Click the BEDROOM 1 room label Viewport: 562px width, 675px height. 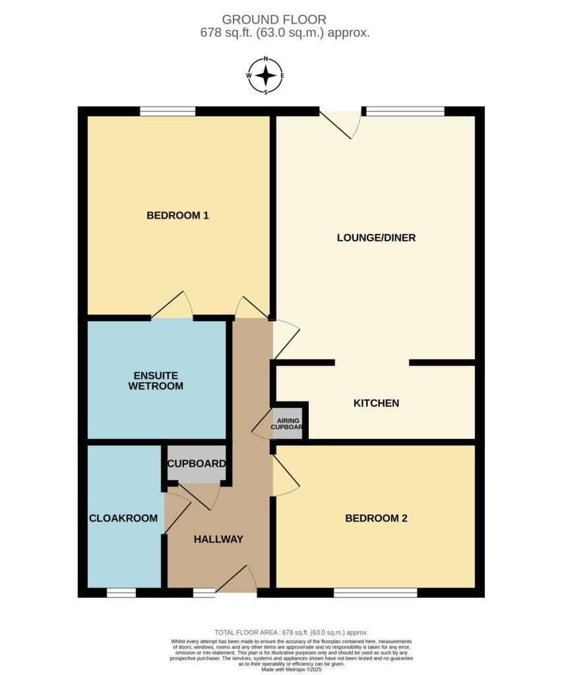click(x=177, y=216)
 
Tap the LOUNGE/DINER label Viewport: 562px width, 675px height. click(x=376, y=237)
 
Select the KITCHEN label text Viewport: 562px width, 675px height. click(x=376, y=403)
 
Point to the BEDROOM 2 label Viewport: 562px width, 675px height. click(x=376, y=518)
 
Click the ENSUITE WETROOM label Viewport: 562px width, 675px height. click(x=156, y=380)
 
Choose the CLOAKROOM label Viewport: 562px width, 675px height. click(x=123, y=518)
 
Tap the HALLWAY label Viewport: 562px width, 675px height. click(x=218, y=539)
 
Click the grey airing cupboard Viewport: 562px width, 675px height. click(x=287, y=423)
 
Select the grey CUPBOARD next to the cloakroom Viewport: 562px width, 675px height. click(x=197, y=463)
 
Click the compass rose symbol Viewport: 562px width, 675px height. click(x=266, y=76)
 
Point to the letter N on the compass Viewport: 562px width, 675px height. click(x=266, y=59)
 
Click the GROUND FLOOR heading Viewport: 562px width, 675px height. click(x=274, y=19)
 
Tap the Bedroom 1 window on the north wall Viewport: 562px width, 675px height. click(x=168, y=111)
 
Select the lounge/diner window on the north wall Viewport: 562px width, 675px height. click(x=405, y=111)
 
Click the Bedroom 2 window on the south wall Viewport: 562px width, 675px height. click(x=375, y=593)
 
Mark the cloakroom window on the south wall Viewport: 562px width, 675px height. click(x=121, y=593)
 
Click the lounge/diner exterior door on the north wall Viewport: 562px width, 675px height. click(x=341, y=123)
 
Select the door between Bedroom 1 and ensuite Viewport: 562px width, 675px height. click(x=172, y=305)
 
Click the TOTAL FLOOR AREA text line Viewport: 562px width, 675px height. click(x=292, y=632)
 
